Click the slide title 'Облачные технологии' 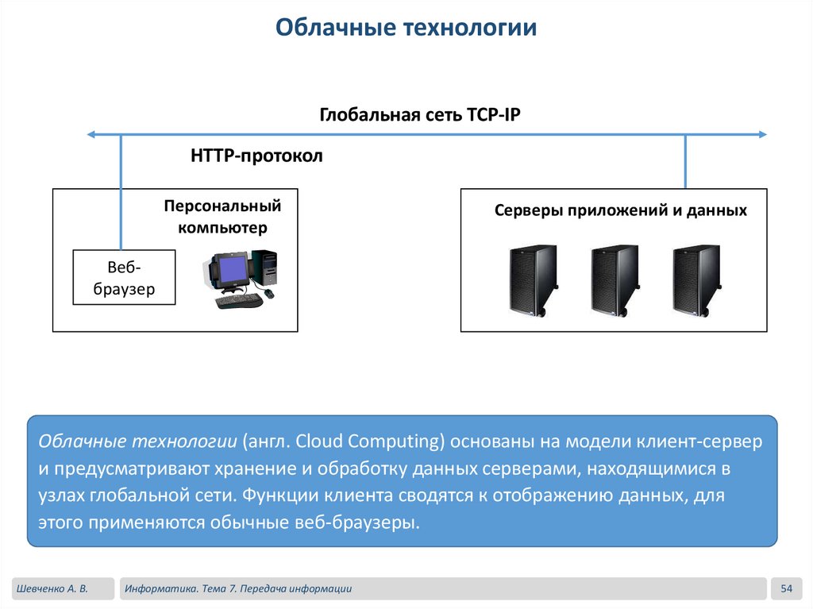[x=406, y=29]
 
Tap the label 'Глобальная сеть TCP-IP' [x=420, y=114]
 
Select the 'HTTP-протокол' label [x=256, y=156]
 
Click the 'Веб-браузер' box [x=124, y=277]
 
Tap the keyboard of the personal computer [x=239, y=301]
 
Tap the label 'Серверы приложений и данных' [x=620, y=210]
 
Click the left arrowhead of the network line [x=92, y=135]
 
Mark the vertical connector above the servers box [x=685, y=161]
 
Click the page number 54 [x=787, y=588]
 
